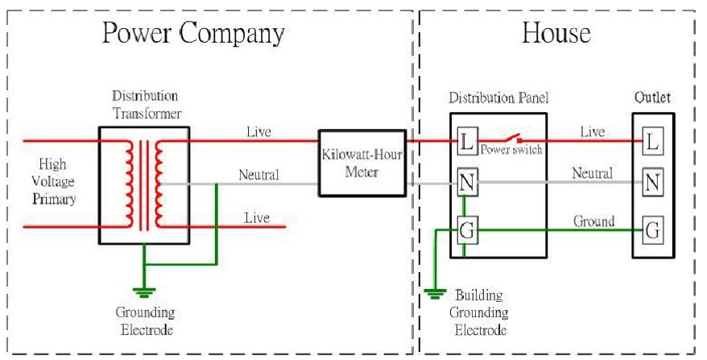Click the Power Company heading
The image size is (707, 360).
click(x=192, y=34)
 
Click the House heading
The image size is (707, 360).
click(x=556, y=34)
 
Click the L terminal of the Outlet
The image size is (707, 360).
click(x=652, y=143)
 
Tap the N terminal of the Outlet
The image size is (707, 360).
click(x=652, y=184)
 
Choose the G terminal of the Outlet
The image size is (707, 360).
click(x=652, y=231)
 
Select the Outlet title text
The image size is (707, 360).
click(x=652, y=98)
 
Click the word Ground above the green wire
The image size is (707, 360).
click(x=593, y=221)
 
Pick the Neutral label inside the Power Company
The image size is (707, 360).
click(x=258, y=175)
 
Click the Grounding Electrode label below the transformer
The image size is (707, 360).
click(x=145, y=321)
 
